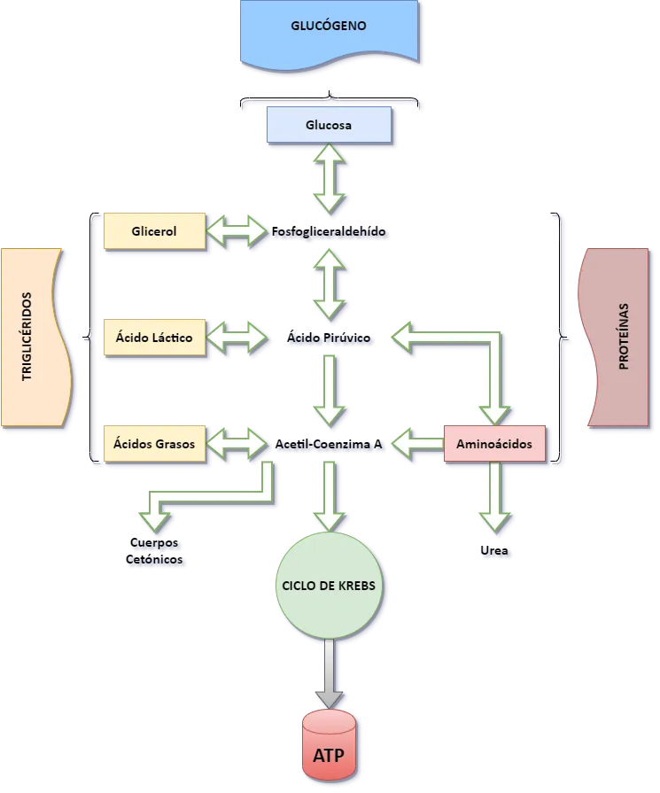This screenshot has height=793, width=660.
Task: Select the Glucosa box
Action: point(329,125)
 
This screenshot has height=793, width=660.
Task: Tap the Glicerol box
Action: point(154,231)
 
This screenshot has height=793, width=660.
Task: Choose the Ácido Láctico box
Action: point(154,337)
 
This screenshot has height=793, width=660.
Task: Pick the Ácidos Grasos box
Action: point(154,443)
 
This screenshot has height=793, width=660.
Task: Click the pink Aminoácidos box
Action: point(494,443)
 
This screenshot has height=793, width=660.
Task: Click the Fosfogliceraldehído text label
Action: point(329,232)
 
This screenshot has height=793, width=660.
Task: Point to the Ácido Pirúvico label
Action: point(330,338)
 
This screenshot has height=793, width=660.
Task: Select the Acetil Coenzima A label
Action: point(329,445)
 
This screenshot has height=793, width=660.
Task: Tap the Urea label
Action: point(497,552)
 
